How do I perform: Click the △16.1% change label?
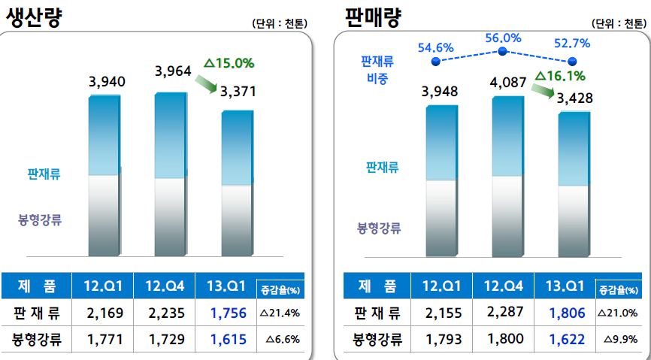(560, 75)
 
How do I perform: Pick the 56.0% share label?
(503, 38)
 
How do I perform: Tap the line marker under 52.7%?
(572, 61)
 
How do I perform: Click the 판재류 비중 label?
(378, 70)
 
